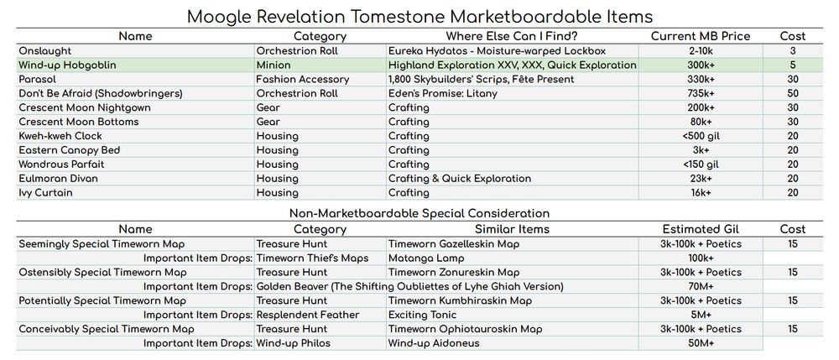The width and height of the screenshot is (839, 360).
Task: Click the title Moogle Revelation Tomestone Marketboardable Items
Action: pos(419,16)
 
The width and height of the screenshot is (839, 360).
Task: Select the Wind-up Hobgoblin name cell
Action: pos(68,65)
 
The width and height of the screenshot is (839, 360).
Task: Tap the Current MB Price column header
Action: pos(700,36)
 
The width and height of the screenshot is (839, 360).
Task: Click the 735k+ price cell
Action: pos(700,93)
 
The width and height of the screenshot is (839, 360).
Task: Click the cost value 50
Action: pos(792,93)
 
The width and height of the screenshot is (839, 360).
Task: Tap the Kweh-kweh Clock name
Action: pos(60,136)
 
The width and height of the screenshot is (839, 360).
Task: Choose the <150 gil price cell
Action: pos(700,164)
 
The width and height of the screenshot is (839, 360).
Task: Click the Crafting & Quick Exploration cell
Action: pos(460,179)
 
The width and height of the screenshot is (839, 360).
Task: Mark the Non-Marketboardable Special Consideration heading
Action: pos(419,213)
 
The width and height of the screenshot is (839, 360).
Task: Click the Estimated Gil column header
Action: pos(700,229)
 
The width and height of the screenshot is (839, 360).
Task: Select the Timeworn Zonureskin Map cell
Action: pos(454,272)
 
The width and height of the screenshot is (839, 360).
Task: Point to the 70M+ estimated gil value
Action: pos(700,286)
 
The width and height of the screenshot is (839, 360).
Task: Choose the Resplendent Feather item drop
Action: pos(308,315)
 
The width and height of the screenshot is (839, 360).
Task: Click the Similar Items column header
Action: pos(512,229)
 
